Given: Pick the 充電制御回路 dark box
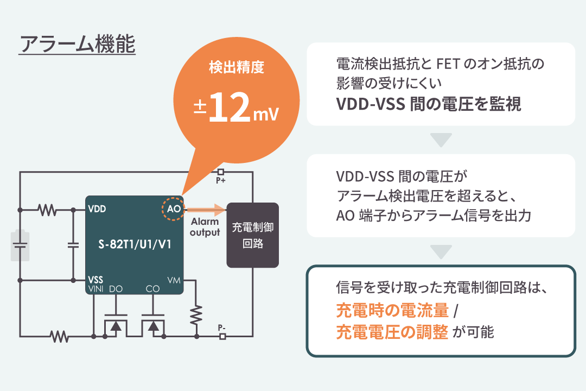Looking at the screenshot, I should click(x=252, y=235).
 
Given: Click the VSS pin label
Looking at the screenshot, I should click(x=95, y=280).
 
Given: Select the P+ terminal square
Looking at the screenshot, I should click(x=221, y=172).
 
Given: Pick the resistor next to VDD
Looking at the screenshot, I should click(x=47, y=209).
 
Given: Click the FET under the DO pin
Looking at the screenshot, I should click(x=114, y=326).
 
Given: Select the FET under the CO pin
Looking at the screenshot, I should click(x=154, y=326).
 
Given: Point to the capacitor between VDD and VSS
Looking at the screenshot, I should click(x=73, y=245).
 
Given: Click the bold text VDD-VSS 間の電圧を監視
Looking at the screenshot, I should click(x=429, y=104).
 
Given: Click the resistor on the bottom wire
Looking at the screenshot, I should click(x=60, y=337).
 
